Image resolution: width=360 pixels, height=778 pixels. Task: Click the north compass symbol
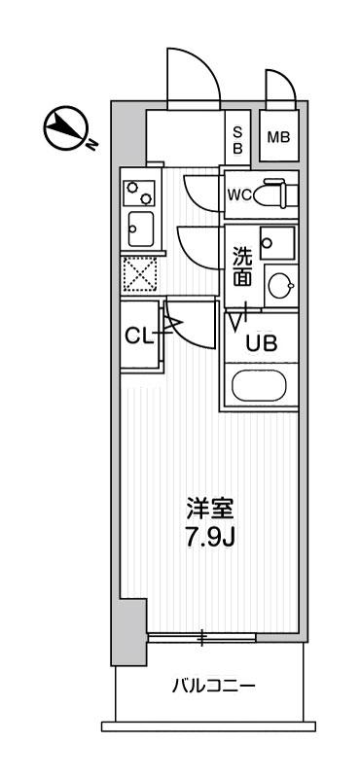point(66,128)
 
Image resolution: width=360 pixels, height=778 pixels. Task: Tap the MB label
point(278,137)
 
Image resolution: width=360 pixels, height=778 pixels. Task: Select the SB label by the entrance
point(237,139)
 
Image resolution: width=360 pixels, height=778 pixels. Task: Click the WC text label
point(239,194)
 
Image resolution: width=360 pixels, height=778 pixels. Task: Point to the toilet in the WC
point(275,193)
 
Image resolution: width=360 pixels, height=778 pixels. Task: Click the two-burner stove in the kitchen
point(139,193)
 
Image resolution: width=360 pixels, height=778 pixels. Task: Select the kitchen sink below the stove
point(140,229)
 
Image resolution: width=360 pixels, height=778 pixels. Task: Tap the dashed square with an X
point(139,274)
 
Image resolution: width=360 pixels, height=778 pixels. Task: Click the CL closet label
point(138,336)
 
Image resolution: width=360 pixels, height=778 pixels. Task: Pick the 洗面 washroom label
point(243,265)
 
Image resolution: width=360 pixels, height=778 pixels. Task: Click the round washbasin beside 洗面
point(280,285)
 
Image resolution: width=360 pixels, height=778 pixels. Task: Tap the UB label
point(261,343)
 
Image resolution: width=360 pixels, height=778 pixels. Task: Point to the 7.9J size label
point(209,538)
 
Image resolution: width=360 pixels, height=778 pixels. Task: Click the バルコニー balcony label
point(214,687)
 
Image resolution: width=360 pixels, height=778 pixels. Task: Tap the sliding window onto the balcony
point(201,638)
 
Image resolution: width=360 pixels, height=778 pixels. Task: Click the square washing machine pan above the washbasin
point(277,242)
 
